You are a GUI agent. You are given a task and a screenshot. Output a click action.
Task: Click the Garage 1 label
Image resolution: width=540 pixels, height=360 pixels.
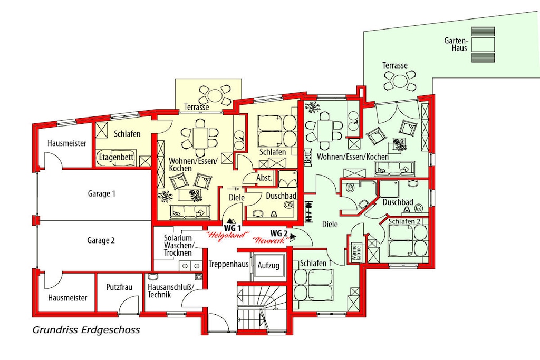[101, 194]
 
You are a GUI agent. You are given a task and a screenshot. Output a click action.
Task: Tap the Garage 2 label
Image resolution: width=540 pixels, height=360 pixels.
[101, 240]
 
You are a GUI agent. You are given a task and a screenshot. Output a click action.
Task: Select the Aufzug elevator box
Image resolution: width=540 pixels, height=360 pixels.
[268, 265]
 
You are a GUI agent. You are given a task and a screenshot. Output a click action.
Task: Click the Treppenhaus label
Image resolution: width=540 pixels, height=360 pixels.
[229, 264]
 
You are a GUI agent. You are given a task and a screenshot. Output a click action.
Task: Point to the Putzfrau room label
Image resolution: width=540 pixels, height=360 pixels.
[119, 287]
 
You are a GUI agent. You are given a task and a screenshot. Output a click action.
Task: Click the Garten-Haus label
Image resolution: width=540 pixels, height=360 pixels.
[456, 44]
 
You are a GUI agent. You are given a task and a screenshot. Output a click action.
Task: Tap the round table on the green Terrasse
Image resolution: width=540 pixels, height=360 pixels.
[400, 82]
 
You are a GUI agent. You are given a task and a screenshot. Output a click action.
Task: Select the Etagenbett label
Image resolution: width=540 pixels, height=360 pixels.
[116, 157]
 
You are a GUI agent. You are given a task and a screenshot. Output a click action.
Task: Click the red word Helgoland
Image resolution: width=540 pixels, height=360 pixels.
[227, 236]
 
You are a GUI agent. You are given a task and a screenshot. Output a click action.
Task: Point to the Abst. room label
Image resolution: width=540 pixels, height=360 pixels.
[264, 178]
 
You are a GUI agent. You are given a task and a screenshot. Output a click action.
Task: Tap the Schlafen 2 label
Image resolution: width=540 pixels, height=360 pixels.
[404, 221]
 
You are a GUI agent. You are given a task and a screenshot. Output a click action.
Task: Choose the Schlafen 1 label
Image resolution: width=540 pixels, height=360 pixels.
[316, 264]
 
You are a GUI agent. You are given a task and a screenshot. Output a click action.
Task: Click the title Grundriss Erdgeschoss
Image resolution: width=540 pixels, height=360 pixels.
[86, 330]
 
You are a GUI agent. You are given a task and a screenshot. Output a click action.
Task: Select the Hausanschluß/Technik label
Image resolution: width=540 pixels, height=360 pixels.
[171, 290]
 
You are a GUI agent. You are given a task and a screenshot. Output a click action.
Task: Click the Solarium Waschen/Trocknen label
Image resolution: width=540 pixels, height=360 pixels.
[178, 246]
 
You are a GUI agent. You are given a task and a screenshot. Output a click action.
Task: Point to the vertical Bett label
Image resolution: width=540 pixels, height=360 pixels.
[308, 157]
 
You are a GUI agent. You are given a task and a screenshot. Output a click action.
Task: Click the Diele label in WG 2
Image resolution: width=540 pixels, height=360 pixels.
[330, 225]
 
